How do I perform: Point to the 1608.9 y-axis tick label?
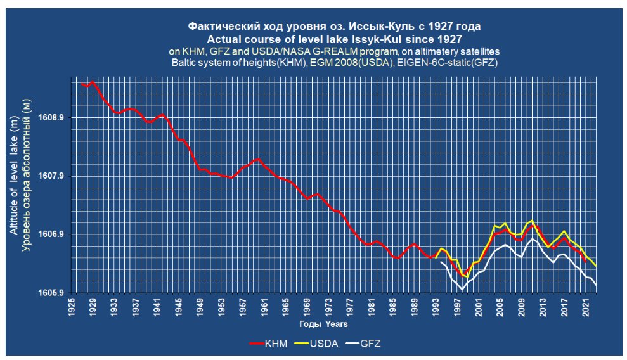point(53,118)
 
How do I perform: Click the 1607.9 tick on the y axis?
point(53,176)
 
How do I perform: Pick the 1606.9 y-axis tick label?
point(53,235)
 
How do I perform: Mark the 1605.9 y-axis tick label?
point(53,293)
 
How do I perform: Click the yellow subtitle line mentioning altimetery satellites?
point(335,51)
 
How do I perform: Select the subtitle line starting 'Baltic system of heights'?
point(335,63)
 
